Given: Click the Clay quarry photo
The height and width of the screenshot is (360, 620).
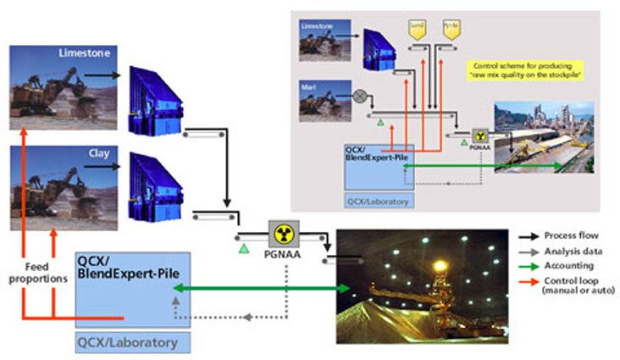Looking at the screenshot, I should coord(64,187).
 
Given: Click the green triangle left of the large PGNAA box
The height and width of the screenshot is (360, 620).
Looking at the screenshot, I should coord(244,246).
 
